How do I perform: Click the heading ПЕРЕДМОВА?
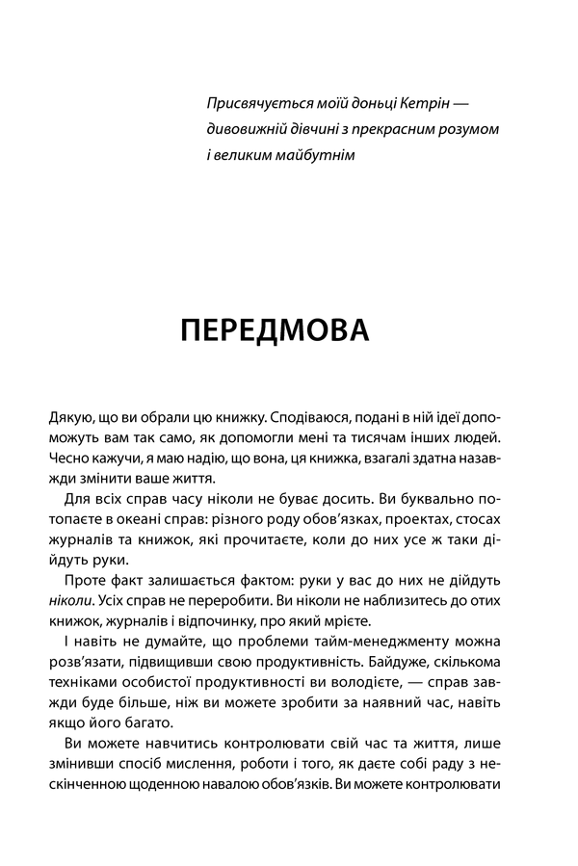[275, 329]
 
